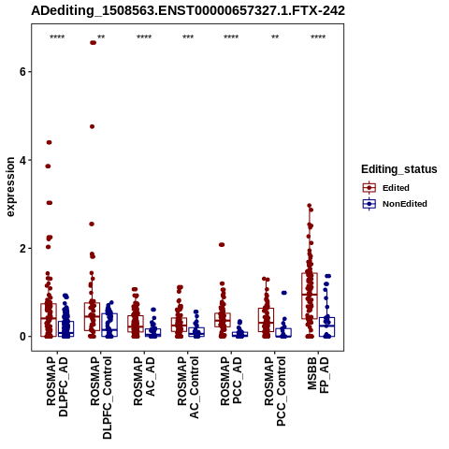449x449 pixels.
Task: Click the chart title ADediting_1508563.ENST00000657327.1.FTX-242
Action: (188, 10)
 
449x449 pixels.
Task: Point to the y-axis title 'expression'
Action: (10, 187)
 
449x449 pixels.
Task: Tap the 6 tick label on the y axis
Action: (22, 72)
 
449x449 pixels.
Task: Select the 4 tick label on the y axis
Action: (22, 160)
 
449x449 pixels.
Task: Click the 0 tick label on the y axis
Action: (22, 337)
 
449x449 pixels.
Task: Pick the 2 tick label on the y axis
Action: (22, 249)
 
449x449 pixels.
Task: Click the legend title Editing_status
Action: (399, 169)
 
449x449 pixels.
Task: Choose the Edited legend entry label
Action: (396, 188)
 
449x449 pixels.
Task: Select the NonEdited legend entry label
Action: (405, 204)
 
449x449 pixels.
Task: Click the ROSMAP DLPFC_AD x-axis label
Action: (57, 386)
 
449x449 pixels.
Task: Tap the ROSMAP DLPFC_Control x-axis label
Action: (101, 398)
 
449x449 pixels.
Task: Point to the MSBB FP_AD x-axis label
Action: (318, 375)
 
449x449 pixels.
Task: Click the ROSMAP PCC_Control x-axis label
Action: (275, 391)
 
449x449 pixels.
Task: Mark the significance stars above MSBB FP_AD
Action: (318, 37)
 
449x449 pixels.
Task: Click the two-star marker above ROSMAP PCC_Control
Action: (275, 37)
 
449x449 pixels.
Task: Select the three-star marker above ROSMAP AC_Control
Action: (188, 37)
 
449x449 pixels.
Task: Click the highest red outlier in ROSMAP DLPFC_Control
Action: (93, 43)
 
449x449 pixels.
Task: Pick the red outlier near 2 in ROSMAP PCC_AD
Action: (222, 245)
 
